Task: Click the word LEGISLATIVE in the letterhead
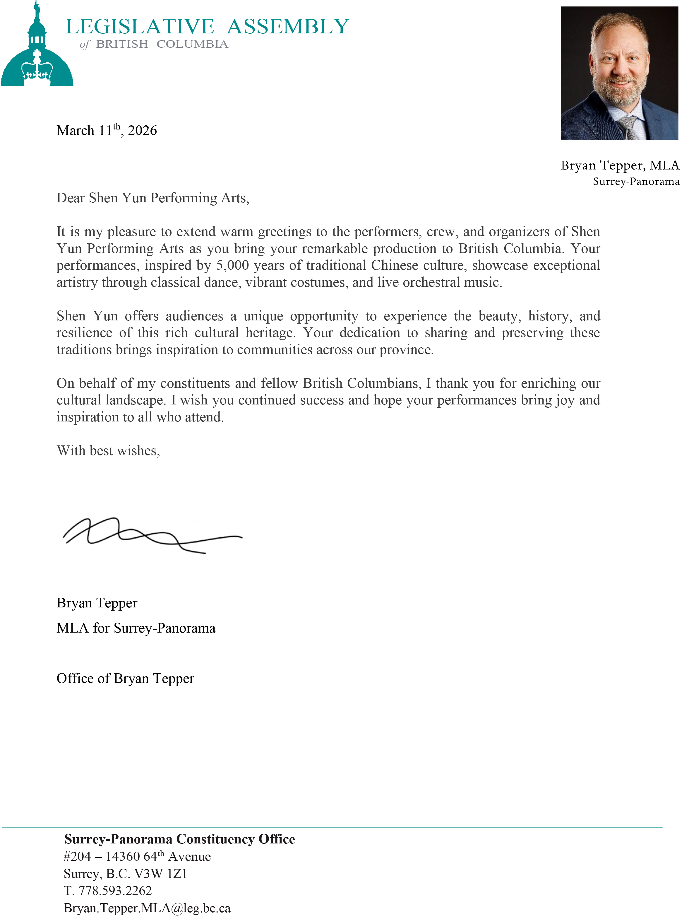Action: coord(140,27)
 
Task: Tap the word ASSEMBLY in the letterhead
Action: coord(288,27)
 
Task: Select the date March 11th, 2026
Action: coord(107,130)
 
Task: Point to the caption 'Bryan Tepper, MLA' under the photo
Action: coord(620,165)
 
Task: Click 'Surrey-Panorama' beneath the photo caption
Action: coord(636,182)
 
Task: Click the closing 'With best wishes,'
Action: coord(108,451)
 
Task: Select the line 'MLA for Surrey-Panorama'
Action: coord(136,628)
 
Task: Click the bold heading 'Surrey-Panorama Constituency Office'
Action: coord(179,839)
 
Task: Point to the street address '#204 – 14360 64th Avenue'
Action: coord(137,856)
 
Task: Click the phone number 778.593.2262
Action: coord(115,891)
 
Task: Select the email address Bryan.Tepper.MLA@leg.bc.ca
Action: coord(147,908)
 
